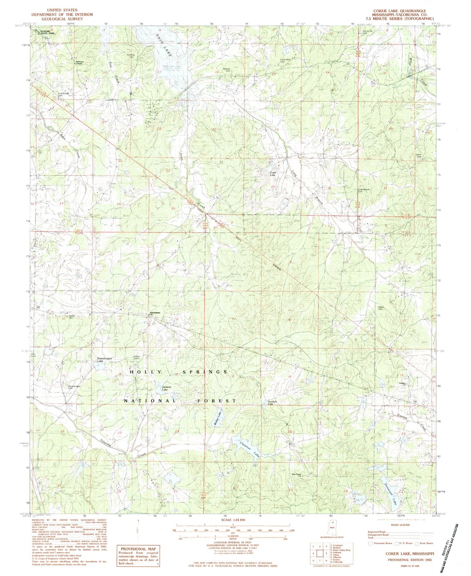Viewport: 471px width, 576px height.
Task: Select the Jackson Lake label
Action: coord(166,388)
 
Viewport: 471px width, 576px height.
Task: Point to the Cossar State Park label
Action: coord(42,32)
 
